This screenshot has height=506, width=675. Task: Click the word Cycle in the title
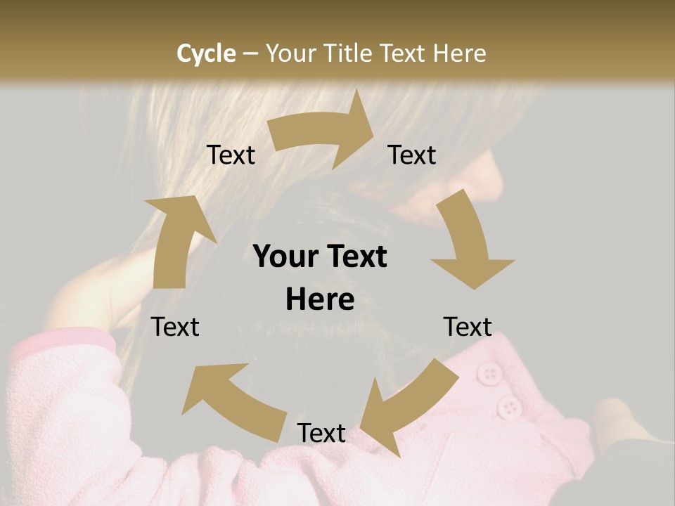(206, 53)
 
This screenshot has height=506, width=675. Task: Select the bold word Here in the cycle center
(320, 300)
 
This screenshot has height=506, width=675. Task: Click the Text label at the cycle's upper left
(231, 155)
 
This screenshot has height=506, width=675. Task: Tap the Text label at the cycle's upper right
(412, 155)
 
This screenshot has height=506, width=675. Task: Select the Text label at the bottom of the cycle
(321, 434)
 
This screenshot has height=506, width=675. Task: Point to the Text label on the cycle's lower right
(468, 327)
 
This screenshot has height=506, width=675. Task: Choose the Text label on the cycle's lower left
(176, 327)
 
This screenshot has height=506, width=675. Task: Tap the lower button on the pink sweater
(508, 406)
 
